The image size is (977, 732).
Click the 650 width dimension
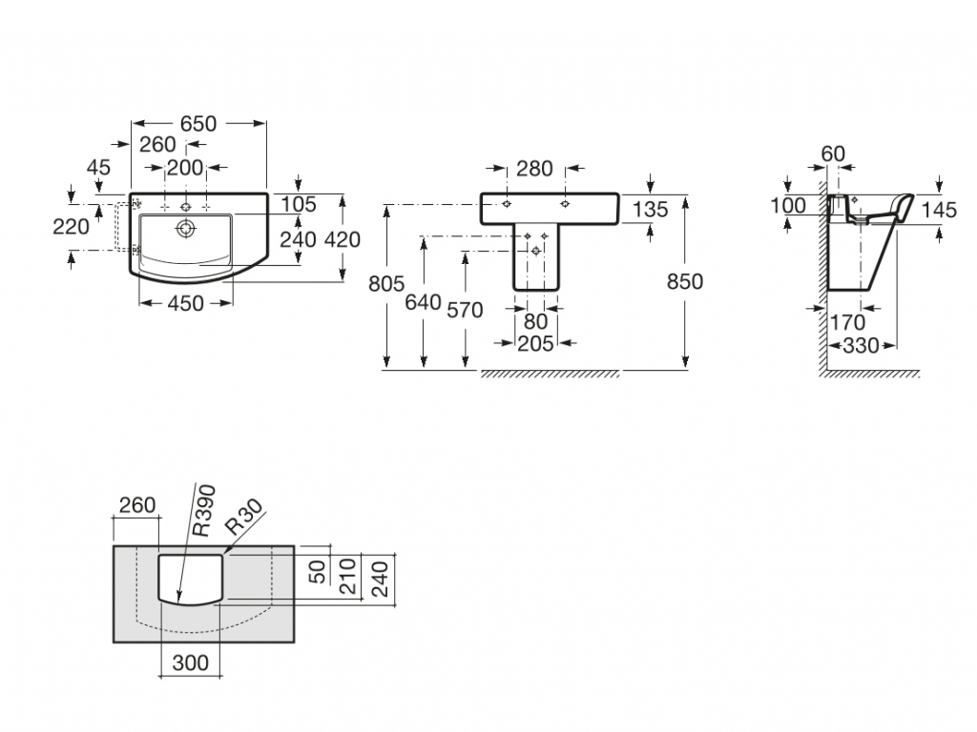(x=198, y=124)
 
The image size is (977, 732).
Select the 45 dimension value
(x=98, y=168)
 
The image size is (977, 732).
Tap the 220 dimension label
(x=73, y=226)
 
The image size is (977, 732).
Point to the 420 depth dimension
(x=343, y=239)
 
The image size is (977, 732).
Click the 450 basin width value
(x=185, y=304)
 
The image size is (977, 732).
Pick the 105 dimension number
(x=299, y=203)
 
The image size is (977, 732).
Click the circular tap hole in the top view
(x=186, y=228)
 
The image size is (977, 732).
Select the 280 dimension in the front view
(x=534, y=169)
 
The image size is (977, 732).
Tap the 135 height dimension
(x=650, y=210)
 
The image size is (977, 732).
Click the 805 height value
(x=386, y=283)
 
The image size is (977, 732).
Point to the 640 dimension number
(x=423, y=302)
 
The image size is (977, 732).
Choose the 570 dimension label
(x=465, y=310)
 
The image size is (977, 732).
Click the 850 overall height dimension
(x=684, y=282)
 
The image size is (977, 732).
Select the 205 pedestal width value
(x=534, y=344)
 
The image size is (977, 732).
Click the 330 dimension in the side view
(x=861, y=345)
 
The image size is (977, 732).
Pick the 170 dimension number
(x=847, y=323)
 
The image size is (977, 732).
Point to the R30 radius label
(x=243, y=519)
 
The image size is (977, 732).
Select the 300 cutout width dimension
(x=191, y=663)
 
